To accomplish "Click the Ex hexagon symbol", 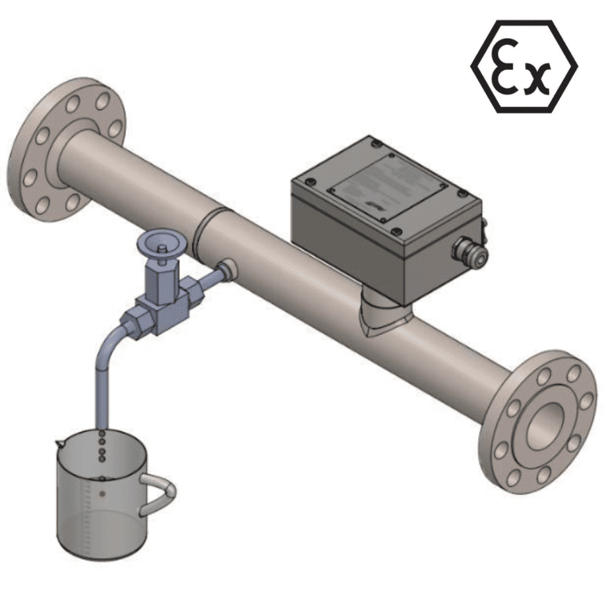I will [x=524, y=66].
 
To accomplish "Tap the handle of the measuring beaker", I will [x=160, y=495].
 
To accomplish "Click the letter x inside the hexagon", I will [x=536, y=77].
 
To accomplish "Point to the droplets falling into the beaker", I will [x=102, y=449].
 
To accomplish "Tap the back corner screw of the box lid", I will [x=377, y=144].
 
